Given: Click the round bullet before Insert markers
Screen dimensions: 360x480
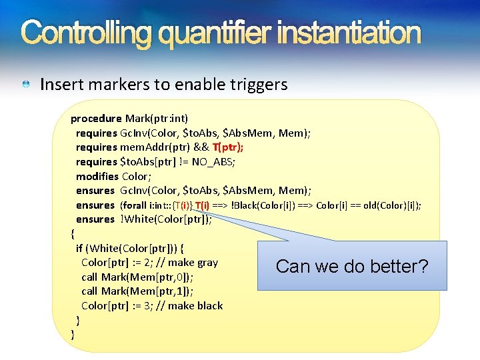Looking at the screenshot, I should point(25,85).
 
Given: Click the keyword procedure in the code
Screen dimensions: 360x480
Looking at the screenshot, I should point(96,119).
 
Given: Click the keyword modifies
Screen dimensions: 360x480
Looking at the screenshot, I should point(97,177).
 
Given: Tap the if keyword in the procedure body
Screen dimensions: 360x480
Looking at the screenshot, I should point(80,249).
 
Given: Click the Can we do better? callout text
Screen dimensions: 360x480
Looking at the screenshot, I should point(352,267).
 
